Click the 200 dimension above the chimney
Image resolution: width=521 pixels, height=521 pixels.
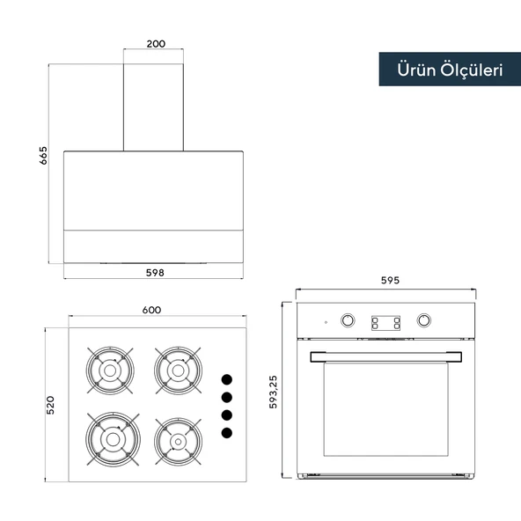[156, 43]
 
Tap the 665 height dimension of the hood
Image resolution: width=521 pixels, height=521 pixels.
[43, 156]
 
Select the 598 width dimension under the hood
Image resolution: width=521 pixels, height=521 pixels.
[155, 273]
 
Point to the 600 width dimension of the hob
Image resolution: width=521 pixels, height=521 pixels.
[151, 310]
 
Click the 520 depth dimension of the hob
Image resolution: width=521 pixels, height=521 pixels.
[50, 405]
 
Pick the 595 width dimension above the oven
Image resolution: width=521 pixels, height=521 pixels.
[390, 280]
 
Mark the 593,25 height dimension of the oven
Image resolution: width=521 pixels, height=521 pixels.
[273, 392]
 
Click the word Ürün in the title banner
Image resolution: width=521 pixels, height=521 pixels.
[416, 70]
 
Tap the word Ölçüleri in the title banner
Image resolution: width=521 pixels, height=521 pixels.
[472, 70]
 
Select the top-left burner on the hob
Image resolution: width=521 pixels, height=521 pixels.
[110, 371]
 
